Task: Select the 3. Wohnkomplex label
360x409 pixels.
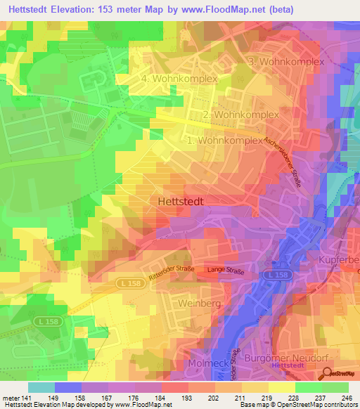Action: [286, 62]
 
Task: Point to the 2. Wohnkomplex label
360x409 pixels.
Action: [240, 115]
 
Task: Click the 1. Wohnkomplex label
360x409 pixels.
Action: [224, 141]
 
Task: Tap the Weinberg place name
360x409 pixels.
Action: [200, 302]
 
